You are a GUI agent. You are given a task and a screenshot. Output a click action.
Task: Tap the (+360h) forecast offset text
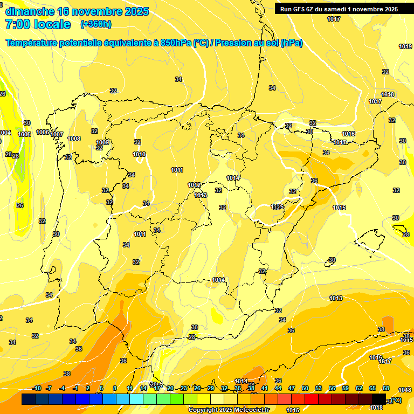pos(96,24)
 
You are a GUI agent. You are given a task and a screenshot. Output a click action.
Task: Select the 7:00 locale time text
pos(38,24)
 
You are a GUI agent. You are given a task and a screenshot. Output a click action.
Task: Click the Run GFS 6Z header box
pos(339,9)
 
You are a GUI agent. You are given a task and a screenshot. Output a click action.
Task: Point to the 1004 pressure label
pos(5,133)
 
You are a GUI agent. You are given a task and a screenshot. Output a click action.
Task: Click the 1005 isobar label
pos(24,134)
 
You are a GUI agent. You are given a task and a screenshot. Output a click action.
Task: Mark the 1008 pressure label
pos(74,139)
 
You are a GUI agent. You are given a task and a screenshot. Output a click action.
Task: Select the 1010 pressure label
pos(139,154)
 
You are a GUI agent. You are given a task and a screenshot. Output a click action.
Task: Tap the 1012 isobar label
pos(194,185)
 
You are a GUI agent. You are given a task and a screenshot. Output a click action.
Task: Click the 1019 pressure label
pos(405,46)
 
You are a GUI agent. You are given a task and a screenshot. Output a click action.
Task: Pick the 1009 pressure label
pos(102,142)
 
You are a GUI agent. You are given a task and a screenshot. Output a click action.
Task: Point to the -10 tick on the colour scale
pos(37,388)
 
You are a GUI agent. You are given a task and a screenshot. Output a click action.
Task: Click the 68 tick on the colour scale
pos(386,388)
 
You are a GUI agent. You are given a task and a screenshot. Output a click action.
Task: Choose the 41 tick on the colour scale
pos(265,388)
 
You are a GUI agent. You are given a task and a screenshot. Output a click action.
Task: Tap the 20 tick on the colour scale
pos(170,388)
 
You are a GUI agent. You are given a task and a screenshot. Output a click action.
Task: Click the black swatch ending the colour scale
pos(379,399)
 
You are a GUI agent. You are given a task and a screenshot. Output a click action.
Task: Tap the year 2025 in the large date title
pos(137,11)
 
